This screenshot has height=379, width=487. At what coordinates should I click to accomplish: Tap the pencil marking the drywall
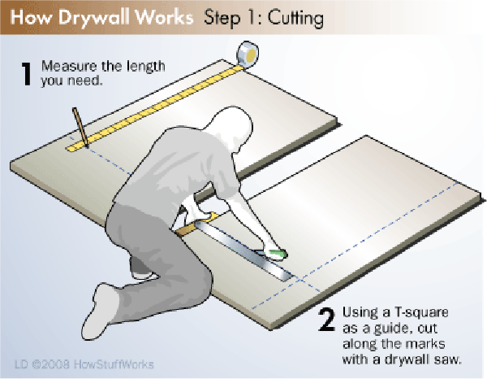tap(80, 127)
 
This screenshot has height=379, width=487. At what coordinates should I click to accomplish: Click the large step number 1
tap(27, 73)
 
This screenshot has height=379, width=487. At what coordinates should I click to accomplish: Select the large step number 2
tap(326, 320)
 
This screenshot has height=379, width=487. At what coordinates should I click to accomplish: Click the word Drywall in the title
tap(96, 18)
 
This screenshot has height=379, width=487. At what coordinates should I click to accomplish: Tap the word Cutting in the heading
tap(295, 19)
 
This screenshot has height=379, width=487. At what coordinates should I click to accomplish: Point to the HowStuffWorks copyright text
tap(84, 364)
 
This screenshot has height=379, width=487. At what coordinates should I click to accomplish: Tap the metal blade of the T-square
tap(245, 249)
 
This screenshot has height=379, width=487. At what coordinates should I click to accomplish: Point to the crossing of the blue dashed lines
tap(301, 280)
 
